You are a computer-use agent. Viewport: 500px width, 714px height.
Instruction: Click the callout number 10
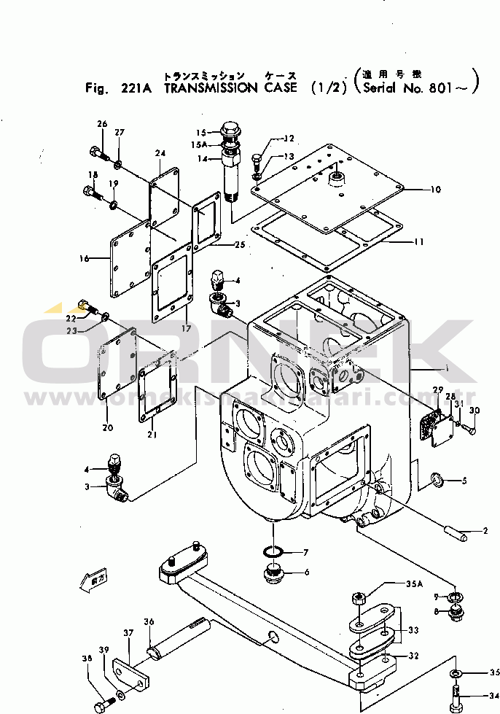click(x=435, y=190)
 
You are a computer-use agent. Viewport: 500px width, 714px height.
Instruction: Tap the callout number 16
click(x=85, y=258)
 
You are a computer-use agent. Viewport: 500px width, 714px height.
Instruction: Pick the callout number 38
click(x=87, y=659)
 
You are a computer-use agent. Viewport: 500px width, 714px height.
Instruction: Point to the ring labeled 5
click(x=437, y=480)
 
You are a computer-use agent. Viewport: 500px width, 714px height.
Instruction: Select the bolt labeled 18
click(x=88, y=194)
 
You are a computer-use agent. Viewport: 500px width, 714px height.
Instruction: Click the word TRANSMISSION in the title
click(x=211, y=88)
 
